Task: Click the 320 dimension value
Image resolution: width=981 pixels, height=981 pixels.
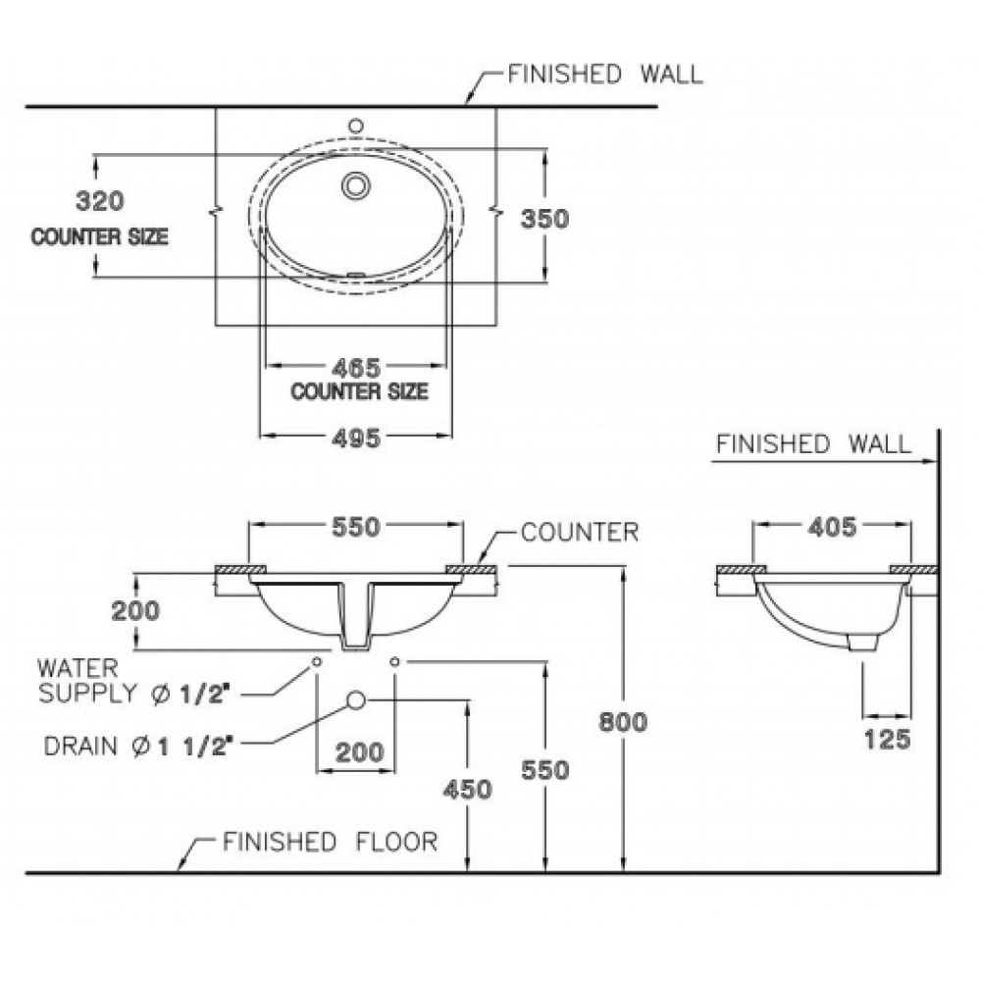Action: point(100,201)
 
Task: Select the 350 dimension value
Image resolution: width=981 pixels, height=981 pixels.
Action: point(544,219)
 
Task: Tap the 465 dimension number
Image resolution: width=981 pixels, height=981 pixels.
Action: point(356,367)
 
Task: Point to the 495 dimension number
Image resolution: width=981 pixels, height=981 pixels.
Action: point(356,438)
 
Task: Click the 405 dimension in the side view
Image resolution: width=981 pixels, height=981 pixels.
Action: point(832,527)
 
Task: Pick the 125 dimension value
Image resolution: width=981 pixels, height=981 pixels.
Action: point(887,740)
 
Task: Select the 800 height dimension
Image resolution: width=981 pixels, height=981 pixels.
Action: point(623,722)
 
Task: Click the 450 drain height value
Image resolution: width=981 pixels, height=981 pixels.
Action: point(467,790)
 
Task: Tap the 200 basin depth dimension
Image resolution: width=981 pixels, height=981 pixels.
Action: point(135,610)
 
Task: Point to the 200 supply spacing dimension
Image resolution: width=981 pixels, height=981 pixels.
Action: point(360,752)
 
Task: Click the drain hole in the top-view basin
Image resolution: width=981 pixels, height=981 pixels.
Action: point(356,185)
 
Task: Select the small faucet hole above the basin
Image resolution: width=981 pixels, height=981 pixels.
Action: point(356,126)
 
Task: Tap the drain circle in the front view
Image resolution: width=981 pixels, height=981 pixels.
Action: point(356,700)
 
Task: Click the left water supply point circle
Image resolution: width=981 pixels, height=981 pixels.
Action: point(317,661)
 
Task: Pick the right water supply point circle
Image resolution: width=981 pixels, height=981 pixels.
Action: point(394,661)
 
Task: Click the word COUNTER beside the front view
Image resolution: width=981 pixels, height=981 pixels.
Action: point(580,533)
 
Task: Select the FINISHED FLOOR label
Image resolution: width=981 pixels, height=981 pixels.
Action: point(331,842)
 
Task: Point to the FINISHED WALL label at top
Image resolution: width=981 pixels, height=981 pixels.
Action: point(605,75)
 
